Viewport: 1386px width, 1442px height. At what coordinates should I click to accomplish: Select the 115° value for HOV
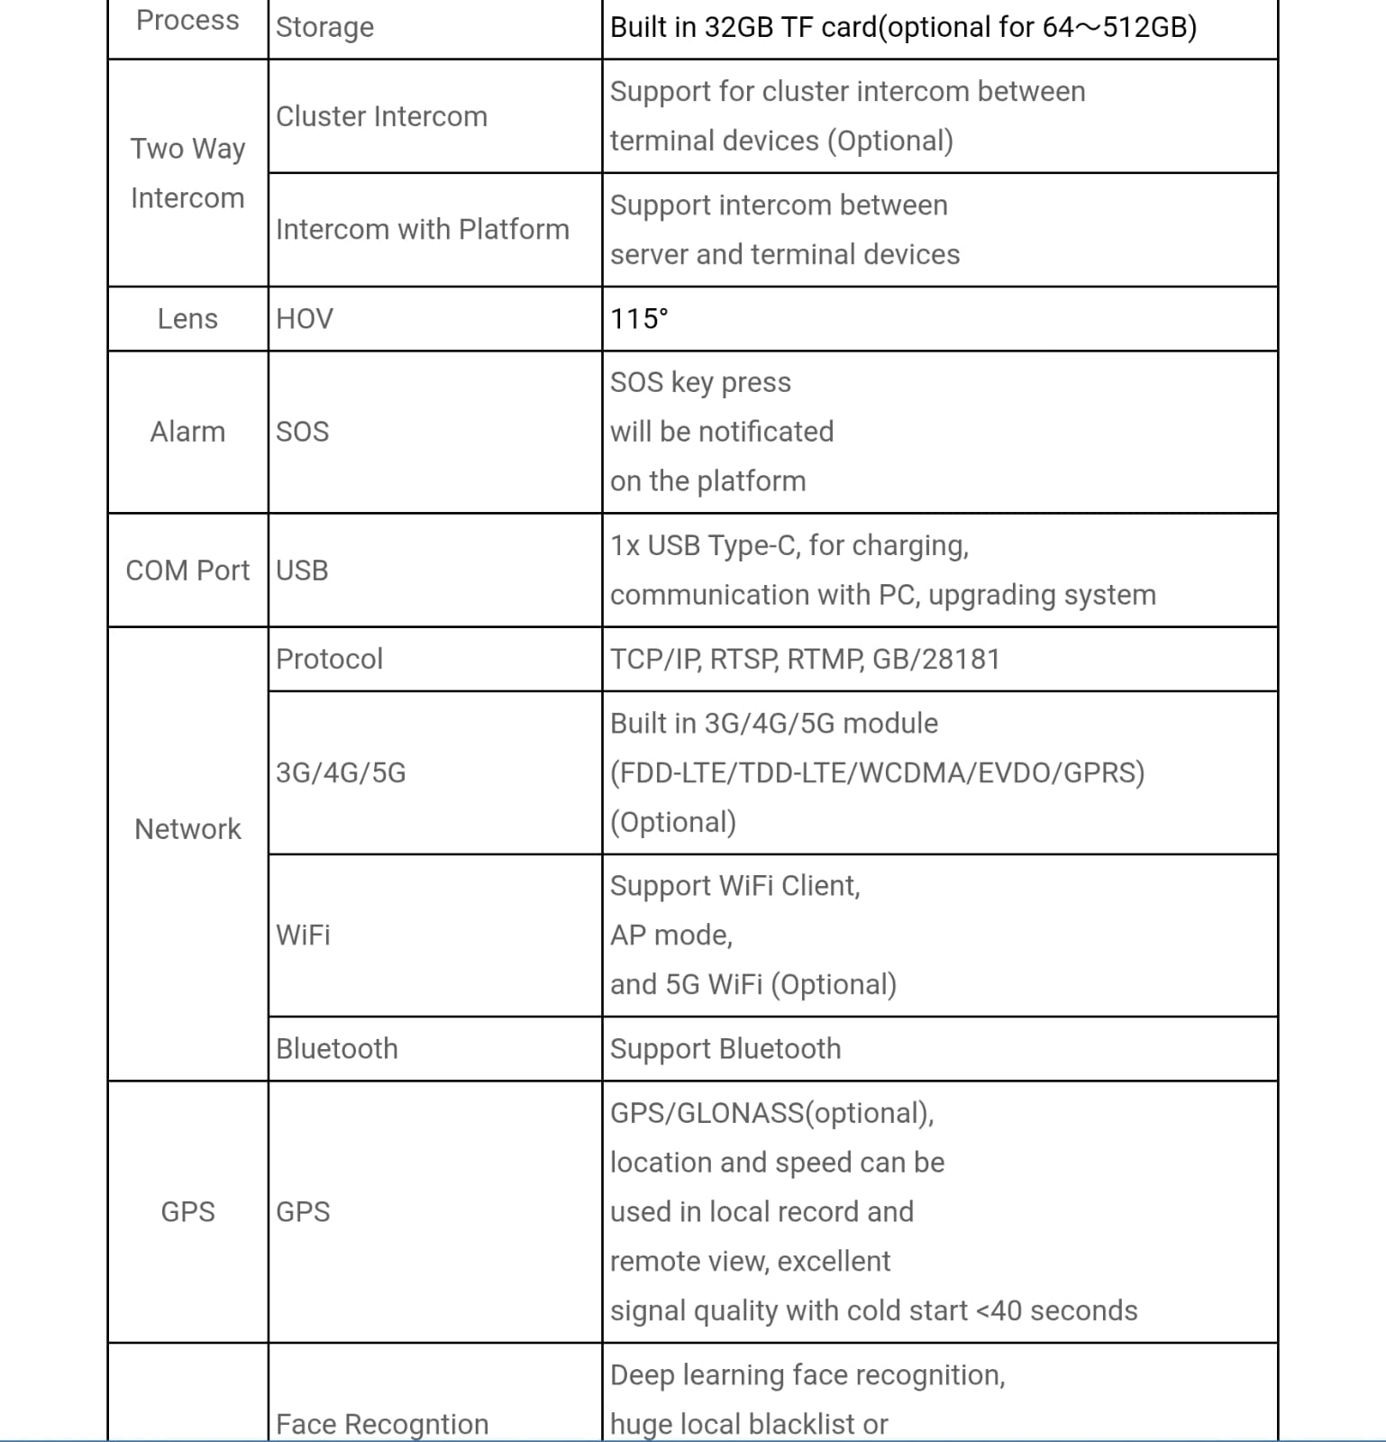tap(639, 319)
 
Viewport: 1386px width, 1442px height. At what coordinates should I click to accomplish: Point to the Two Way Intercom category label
tap(187, 173)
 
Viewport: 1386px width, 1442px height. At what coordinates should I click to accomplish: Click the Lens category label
tap(187, 319)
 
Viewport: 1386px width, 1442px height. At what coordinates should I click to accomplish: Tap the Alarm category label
tap(187, 432)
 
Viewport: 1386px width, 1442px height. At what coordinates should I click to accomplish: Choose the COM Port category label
tap(187, 570)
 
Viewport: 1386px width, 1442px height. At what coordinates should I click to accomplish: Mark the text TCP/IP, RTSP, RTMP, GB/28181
tap(805, 659)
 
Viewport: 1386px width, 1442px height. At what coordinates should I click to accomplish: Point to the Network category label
tap(187, 829)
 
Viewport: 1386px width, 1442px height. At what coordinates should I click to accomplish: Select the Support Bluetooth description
tap(725, 1049)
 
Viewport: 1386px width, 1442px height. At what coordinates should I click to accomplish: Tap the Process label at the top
tap(187, 20)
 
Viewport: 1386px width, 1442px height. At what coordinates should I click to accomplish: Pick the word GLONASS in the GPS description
tap(739, 1113)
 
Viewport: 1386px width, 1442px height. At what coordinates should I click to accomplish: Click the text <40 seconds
tap(1057, 1310)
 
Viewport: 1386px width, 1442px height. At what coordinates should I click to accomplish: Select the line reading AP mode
tap(671, 935)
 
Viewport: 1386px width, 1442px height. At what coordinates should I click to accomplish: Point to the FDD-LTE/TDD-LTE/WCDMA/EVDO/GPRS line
tap(877, 773)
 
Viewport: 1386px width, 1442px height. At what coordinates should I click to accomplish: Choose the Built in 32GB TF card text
tap(743, 27)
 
